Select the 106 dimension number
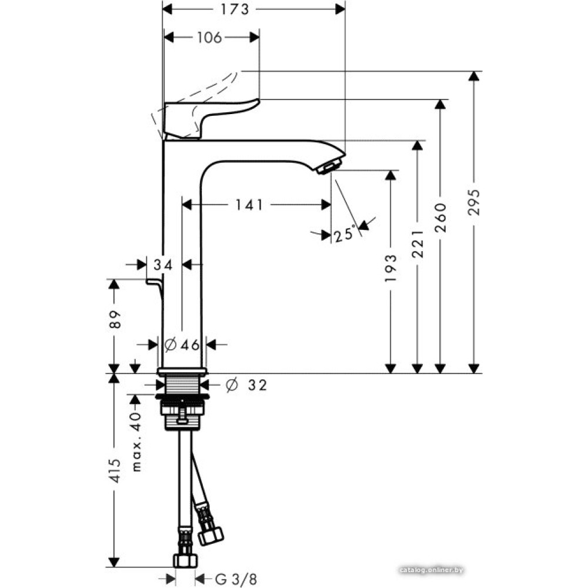(x=209, y=38)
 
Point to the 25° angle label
(x=345, y=234)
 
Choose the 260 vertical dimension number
(x=441, y=218)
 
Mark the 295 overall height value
(x=475, y=202)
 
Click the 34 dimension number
(x=163, y=265)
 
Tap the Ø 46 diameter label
(x=182, y=345)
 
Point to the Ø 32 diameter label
(x=246, y=385)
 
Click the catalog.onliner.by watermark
(x=431, y=569)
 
